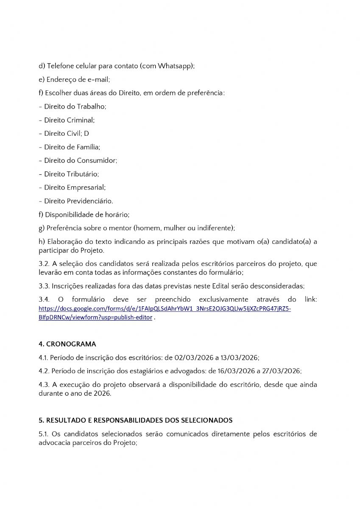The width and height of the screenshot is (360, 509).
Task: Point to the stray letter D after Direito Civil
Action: click(87, 134)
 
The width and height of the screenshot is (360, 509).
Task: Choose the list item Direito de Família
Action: click(72, 147)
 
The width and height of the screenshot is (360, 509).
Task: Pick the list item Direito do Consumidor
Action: click(80, 160)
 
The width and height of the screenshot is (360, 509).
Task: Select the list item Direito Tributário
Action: click(71, 174)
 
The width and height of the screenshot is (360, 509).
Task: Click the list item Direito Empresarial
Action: click(75, 187)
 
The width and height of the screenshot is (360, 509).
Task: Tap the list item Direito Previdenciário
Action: click(78, 201)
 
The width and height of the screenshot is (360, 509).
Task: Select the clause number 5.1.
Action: click(43, 434)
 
